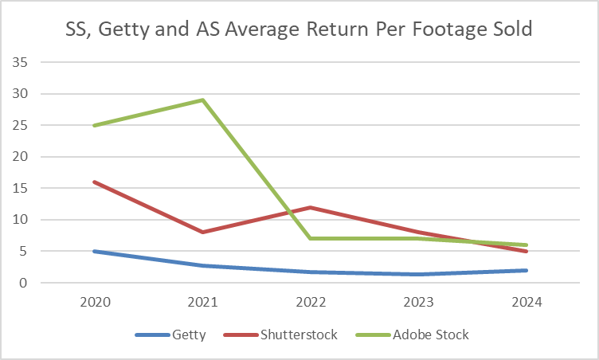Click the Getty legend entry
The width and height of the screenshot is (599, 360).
[188, 335]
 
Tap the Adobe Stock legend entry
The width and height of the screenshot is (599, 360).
[430, 335]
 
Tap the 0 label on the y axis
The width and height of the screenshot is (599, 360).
[24, 283]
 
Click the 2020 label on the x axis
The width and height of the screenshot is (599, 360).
[96, 302]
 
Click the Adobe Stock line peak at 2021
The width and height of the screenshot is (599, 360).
[203, 100]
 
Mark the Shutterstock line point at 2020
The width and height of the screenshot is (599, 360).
[96, 182]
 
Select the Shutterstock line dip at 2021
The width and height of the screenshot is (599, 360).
[203, 232]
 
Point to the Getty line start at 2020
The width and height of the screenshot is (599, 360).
[96, 251]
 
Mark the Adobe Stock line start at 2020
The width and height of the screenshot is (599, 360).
[96, 125]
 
